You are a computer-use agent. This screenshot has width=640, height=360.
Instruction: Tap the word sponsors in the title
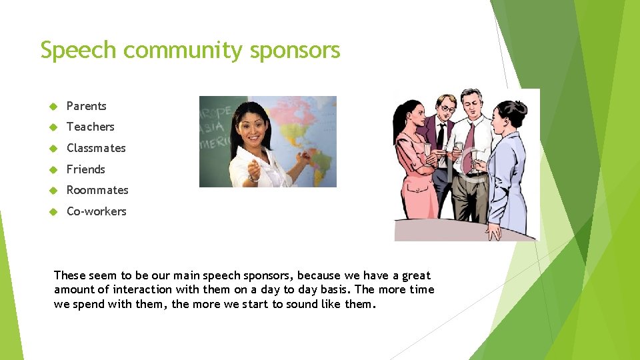(295, 51)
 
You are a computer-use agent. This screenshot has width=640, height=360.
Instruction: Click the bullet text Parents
(86, 106)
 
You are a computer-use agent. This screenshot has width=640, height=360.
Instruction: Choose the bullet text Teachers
(90, 127)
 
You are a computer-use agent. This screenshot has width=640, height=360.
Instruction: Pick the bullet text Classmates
(96, 148)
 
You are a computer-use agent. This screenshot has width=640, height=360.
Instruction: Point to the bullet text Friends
(85, 169)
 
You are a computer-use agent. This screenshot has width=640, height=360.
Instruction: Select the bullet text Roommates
(97, 190)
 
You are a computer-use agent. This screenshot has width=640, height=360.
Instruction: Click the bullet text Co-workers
(96, 211)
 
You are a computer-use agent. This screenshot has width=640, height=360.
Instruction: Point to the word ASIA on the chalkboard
(214, 128)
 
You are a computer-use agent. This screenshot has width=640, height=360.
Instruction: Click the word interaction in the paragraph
(143, 289)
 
